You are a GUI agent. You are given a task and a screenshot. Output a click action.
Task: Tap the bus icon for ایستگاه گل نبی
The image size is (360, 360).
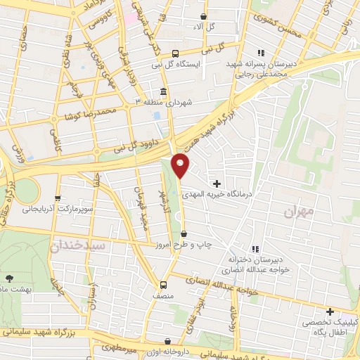(x=175, y=53)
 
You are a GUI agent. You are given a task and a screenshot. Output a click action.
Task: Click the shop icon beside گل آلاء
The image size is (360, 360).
(x=204, y=16)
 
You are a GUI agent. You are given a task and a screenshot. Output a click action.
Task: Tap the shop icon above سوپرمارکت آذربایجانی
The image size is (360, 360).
(x=58, y=199)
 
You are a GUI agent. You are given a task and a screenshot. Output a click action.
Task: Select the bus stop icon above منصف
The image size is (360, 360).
(x=163, y=285)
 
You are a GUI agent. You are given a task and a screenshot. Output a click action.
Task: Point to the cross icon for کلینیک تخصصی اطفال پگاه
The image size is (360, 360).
(x=329, y=311)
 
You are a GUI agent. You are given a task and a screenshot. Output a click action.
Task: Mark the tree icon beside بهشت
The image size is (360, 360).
(x=9, y=278)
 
